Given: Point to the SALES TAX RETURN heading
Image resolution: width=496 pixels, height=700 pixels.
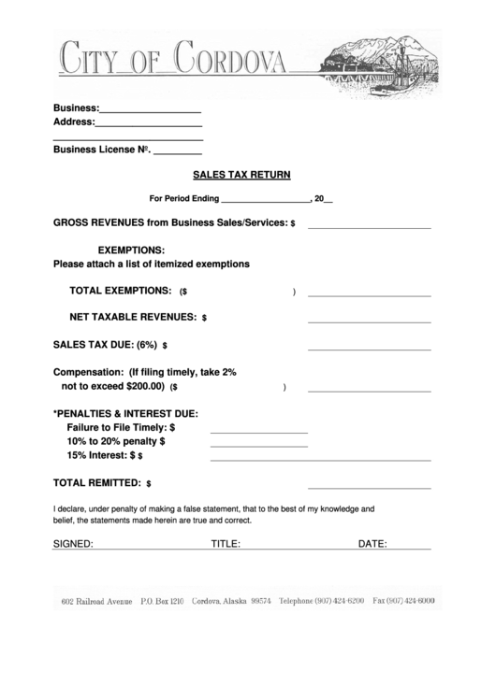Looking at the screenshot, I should pyautogui.click(x=241, y=174).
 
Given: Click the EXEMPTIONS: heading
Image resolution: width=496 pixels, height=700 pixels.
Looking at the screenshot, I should pyautogui.click(x=132, y=250).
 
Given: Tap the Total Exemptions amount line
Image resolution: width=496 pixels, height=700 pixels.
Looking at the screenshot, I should pyautogui.click(x=369, y=295).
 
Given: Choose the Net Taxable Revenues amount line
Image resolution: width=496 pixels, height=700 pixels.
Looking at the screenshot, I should pyautogui.click(x=369, y=321).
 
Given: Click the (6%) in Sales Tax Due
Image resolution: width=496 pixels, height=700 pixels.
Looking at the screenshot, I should pyautogui.click(x=146, y=344).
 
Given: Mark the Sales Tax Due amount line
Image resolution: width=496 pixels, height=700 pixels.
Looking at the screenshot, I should pyautogui.click(x=369, y=349).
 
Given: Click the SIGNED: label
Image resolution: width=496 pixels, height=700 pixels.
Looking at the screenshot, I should pyautogui.click(x=73, y=543).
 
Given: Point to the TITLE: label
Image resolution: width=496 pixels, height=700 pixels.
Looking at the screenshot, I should pyautogui.click(x=226, y=543).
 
